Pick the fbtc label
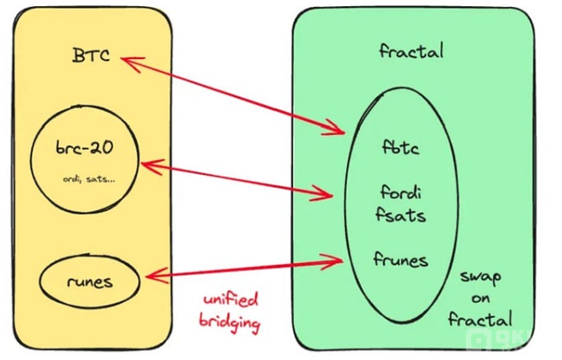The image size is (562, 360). click(x=401, y=147)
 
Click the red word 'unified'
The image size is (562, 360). click(x=233, y=302)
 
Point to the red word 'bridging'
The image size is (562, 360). click(x=233, y=324)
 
